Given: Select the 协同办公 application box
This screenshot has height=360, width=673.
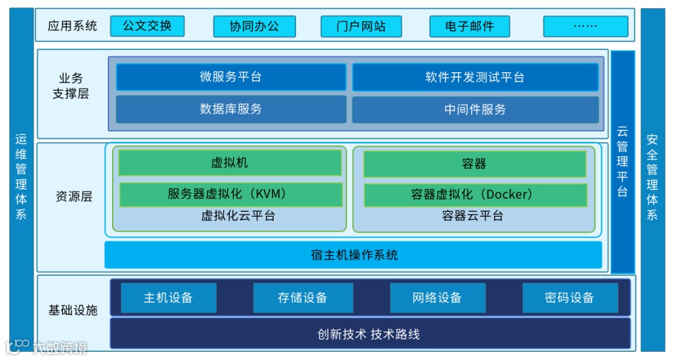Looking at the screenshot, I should [x=254, y=26].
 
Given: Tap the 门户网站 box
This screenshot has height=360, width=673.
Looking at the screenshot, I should [x=361, y=26].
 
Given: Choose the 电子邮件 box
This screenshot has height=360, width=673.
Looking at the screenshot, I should [x=469, y=26].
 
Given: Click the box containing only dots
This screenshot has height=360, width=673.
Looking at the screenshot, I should [x=585, y=26].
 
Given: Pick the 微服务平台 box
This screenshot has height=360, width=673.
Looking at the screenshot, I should [x=231, y=77].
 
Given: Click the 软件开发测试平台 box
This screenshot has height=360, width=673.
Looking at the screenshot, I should [x=475, y=77].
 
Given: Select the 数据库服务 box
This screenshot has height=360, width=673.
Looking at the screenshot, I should [x=231, y=109].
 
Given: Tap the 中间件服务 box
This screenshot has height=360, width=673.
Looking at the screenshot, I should [x=475, y=110].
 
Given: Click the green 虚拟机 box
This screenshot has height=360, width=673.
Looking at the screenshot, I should [x=229, y=163].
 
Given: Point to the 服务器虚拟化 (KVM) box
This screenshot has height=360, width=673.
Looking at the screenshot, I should [x=230, y=194].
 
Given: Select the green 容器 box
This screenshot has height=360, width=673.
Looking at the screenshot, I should [x=474, y=164].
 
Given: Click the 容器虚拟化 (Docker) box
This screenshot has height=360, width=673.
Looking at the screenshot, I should [x=475, y=195].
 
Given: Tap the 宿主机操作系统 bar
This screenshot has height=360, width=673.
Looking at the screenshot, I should [x=353, y=255].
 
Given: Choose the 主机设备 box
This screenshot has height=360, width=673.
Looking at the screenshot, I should [x=168, y=298].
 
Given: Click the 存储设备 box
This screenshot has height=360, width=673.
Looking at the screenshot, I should [x=303, y=298].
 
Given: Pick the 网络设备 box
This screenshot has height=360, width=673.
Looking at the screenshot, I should [x=437, y=298].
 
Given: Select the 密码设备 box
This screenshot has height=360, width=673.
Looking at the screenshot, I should [x=570, y=298].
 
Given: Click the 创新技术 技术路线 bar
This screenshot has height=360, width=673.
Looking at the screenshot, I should [x=370, y=334].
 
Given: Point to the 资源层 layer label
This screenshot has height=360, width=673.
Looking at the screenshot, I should [x=73, y=197].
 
